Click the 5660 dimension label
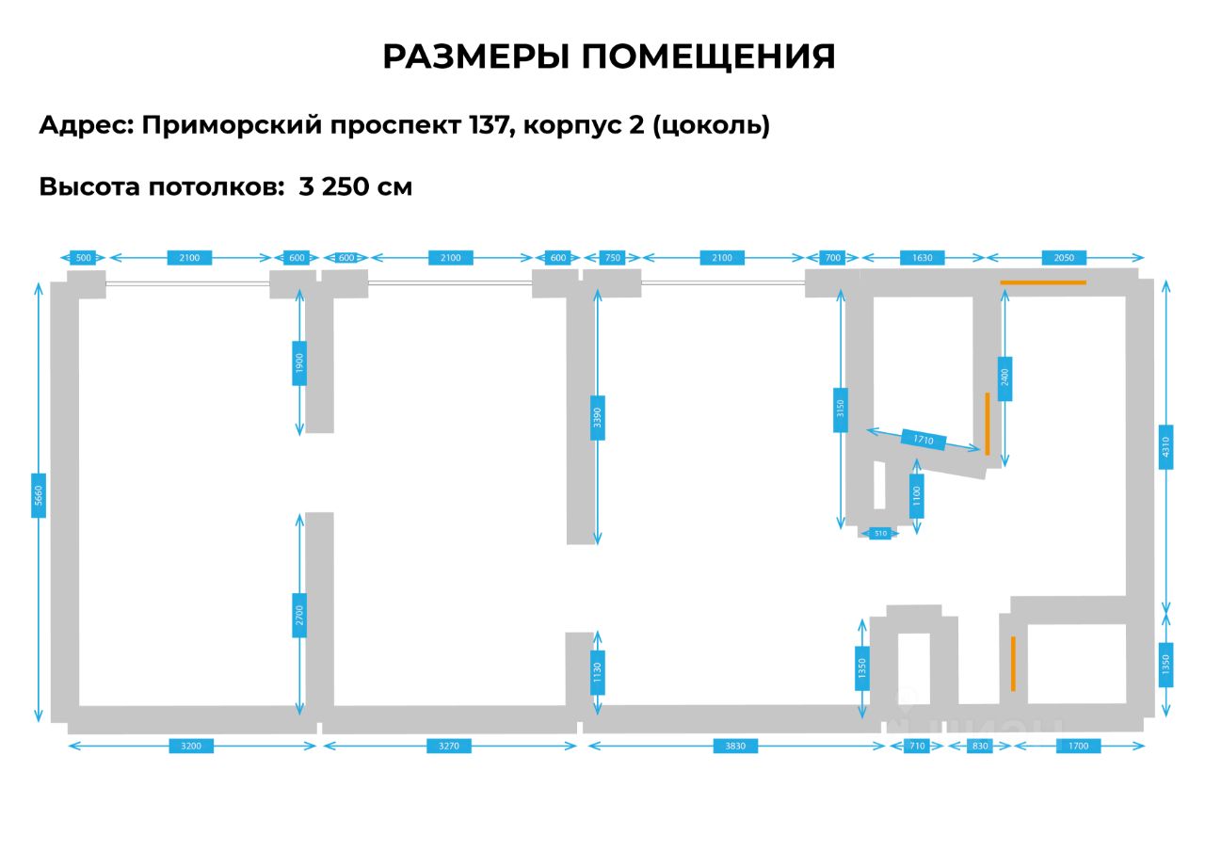39,500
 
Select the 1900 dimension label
299,367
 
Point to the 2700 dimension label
299,616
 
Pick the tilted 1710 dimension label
923,439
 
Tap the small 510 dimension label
881,533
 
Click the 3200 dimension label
192,746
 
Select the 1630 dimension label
923,258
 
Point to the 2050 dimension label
1064,258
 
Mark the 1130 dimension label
597,672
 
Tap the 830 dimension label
979,746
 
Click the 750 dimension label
612,258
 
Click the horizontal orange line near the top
1043,282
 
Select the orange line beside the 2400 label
988,424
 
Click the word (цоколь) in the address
710,125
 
